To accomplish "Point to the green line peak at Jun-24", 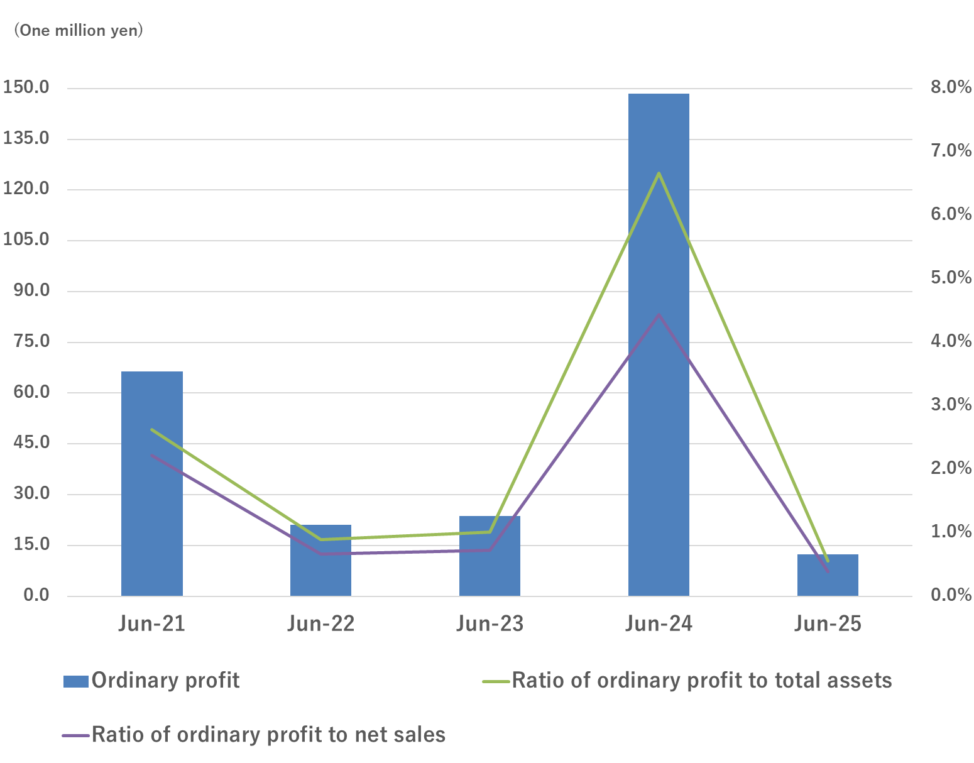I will click(659, 173).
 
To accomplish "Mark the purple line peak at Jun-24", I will click(659, 314).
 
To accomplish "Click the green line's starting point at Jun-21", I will click(151, 429).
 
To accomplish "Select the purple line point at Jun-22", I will click(320, 554).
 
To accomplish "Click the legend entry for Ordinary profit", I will click(151, 681).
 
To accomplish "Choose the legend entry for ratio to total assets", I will click(687, 681).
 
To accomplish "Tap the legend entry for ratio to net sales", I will click(254, 735).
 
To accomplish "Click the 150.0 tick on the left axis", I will click(26, 87).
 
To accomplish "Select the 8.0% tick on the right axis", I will click(950, 87).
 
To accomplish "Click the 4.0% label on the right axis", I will click(950, 341).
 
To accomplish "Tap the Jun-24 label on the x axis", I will click(659, 624).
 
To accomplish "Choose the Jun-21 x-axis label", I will click(151, 624).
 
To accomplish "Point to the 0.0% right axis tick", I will click(950, 595).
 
